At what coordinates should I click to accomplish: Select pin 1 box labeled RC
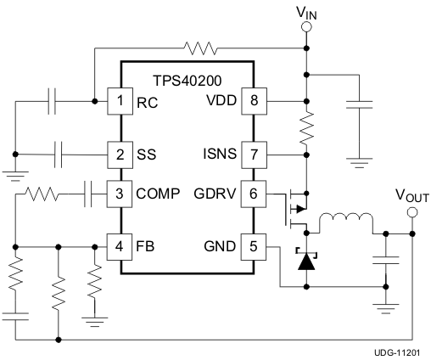pyautogui.click(x=120, y=102)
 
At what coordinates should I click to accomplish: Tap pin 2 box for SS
pyautogui.click(x=120, y=155)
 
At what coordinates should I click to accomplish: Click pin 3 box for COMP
pyautogui.click(x=120, y=194)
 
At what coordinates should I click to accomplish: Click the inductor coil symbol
pyautogui.click(x=344, y=223)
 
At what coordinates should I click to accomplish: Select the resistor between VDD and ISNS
pyautogui.click(x=306, y=129)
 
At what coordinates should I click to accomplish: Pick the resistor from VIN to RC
pyautogui.click(x=199, y=48)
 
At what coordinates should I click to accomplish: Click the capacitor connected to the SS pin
pyautogui.click(x=59, y=155)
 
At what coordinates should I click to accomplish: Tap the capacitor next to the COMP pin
pyautogui.click(x=89, y=194)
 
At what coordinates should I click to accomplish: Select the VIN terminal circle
pyautogui.click(x=306, y=27)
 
